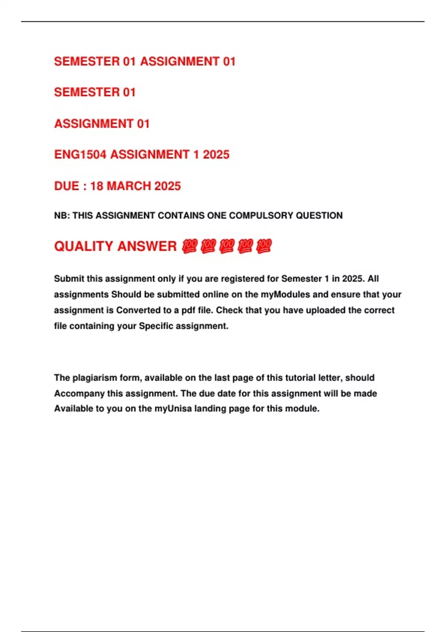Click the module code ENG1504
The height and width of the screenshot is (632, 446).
[x=80, y=154]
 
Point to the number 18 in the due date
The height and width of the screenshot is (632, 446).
[x=96, y=186]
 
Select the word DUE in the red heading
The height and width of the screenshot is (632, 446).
[x=67, y=186]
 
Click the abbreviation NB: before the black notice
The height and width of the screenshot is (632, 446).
[x=62, y=216]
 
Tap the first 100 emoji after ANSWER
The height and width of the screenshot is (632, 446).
[x=190, y=246]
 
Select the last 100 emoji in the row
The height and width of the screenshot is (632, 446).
[x=264, y=246]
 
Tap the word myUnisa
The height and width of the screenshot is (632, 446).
[x=173, y=409]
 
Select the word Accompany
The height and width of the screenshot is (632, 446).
[x=79, y=393]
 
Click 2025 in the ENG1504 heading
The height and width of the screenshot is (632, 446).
[x=216, y=154]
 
